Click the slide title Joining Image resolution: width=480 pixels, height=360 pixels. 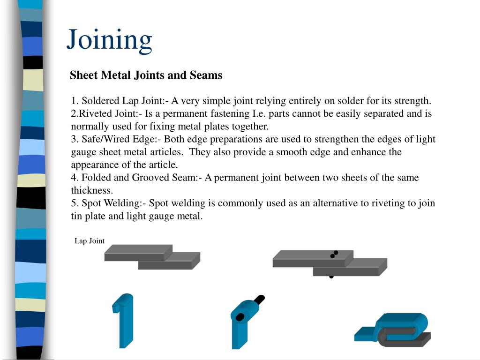click(109, 39)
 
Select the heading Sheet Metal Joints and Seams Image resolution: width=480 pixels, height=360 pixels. click(146, 75)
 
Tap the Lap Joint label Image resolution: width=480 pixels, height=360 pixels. click(90, 241)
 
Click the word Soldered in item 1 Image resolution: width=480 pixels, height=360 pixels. click(101, 101)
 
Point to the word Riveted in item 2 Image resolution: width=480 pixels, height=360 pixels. click(93, 113)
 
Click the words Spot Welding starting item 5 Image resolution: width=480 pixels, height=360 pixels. click(111, 203)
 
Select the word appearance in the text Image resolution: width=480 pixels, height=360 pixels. click(94, 165)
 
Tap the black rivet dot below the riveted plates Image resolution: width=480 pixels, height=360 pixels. click(331, 277)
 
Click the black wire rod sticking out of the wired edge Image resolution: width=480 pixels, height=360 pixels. click(258, 300)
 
